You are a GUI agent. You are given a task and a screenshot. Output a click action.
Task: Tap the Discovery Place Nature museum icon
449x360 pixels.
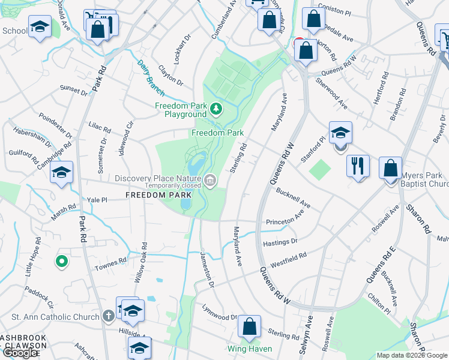click(x=210, y=179)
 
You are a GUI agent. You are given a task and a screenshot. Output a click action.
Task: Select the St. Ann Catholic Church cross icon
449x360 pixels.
click(x=108, y=316)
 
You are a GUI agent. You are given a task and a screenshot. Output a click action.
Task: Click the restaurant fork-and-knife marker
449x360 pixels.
click(x=358, y=165)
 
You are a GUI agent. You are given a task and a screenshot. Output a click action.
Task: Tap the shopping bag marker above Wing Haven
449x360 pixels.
click(x=249, y=328)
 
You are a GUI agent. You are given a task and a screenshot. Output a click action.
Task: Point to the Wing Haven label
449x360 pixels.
click(x=250, y=349)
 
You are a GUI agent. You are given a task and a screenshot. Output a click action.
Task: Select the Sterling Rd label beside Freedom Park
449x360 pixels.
click(x=237, y=157)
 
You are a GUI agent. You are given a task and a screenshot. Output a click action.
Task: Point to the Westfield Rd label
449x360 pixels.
click(x=289, y=259)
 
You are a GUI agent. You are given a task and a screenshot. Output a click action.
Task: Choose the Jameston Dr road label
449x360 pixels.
click(x=207, y=272)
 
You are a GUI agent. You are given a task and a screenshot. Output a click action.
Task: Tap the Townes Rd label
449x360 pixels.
click(x=114, y=261)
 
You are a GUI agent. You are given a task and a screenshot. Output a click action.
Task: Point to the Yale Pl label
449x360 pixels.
click(x=96, y=200)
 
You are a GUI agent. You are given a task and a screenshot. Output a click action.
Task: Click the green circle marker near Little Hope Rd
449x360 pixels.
click(x=61, y=261)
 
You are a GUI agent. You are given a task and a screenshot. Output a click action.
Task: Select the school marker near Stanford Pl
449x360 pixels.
click(x=340, y=133)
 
